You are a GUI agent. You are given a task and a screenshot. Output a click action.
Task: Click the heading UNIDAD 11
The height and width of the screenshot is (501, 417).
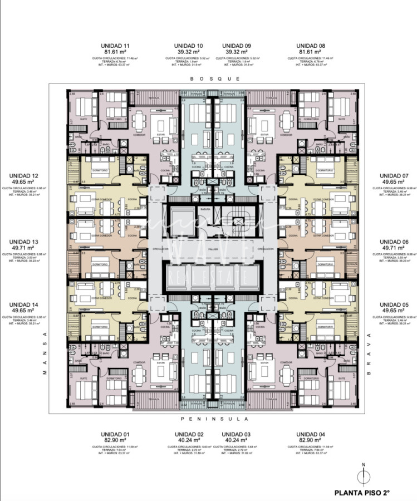coord(115,45)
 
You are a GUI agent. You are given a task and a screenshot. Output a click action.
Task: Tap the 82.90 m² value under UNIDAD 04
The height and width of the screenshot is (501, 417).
coord(311,440)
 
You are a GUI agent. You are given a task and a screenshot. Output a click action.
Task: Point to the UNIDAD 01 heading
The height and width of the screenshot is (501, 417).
coord(115,434)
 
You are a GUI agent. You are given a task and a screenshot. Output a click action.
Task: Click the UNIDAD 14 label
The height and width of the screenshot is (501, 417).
coord(23,305)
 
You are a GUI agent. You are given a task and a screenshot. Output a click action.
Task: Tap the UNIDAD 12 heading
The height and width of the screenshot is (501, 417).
coord(23,175)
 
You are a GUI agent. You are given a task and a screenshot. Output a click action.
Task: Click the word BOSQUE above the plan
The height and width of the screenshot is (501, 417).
coord(215,79)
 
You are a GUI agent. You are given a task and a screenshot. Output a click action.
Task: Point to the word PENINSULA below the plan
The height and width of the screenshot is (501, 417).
coord(214,419)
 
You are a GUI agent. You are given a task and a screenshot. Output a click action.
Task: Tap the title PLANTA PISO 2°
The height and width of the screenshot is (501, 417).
coord(361,493)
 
